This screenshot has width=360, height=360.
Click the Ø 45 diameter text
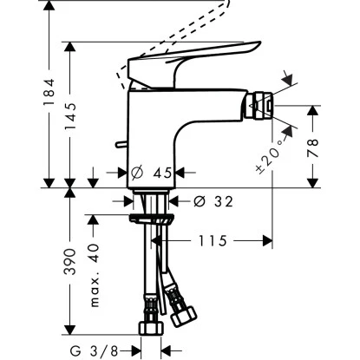click(x=154, y=173)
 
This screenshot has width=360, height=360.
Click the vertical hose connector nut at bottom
click(x=149, y=331)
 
